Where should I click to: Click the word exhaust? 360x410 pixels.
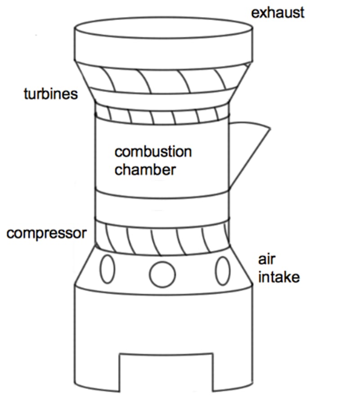point(277,12)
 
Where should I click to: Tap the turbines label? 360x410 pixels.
point(50,94)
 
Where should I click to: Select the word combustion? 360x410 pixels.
point(153,152)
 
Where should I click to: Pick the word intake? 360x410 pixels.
point(279,276)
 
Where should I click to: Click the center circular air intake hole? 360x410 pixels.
point(162,274)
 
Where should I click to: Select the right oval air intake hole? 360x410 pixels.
point(223,270)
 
